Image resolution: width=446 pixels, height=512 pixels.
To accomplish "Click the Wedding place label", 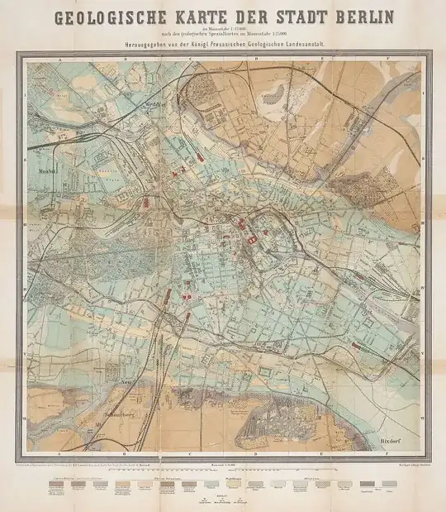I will click(x=169, y=104).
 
